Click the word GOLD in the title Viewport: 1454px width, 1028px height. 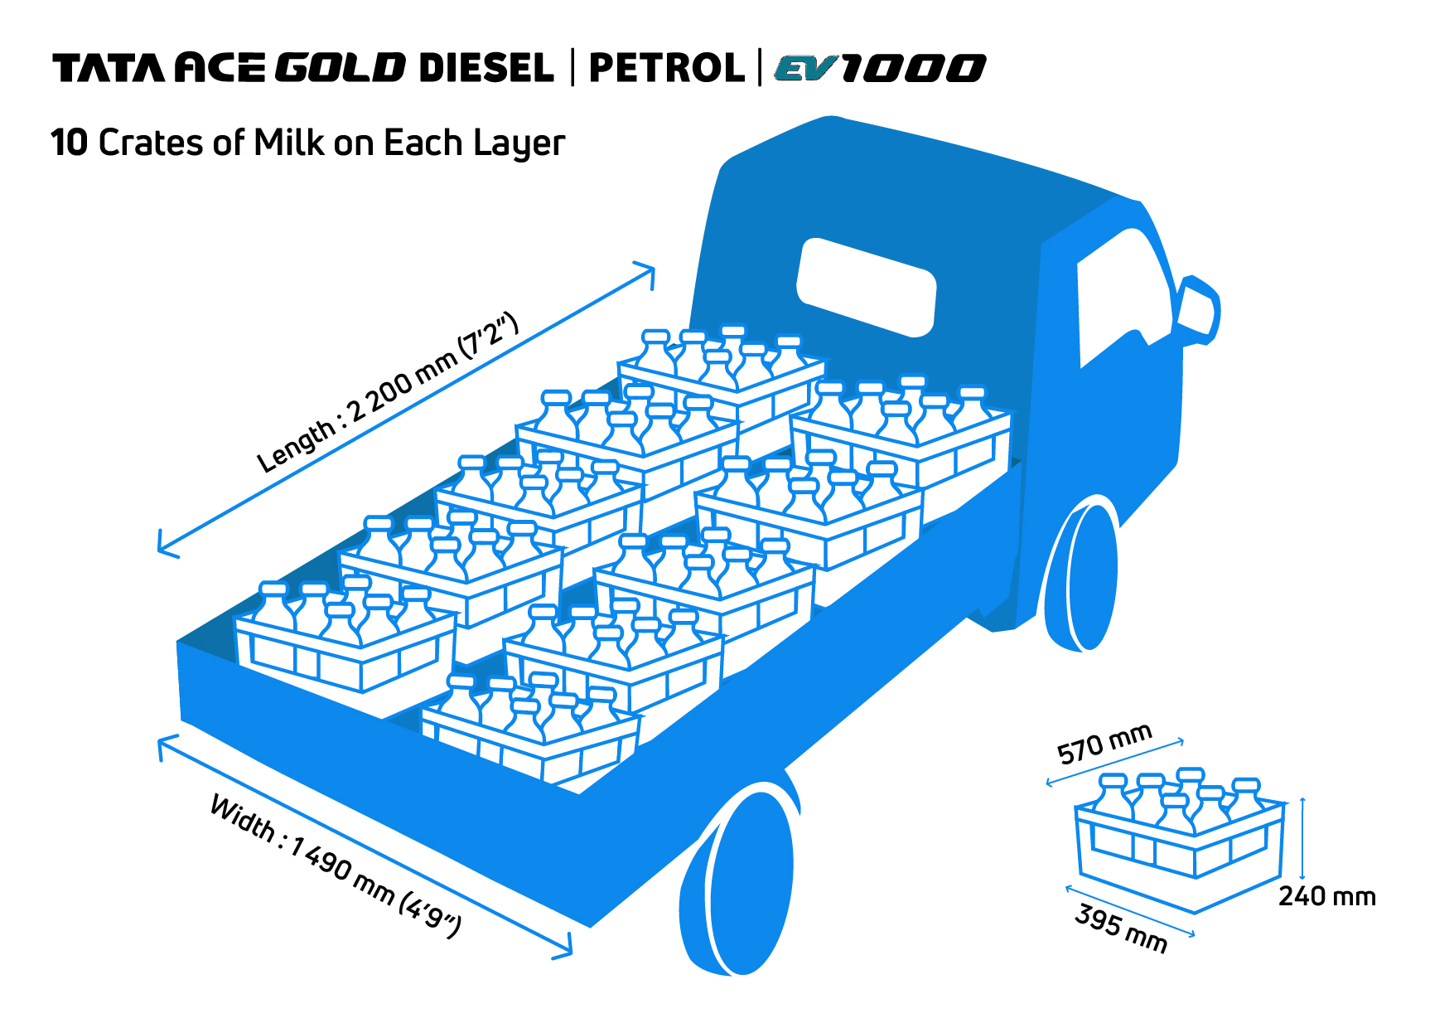[340, 68]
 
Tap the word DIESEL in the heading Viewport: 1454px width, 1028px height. [486, 68]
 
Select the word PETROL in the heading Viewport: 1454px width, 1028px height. [666, 68]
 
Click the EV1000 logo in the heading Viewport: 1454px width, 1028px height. [880, 68]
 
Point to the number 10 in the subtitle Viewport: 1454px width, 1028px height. [70, 143]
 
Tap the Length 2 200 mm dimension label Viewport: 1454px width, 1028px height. [387, 394]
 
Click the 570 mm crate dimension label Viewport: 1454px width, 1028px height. [1104, 744]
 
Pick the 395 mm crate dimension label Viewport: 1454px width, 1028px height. [1121, 929]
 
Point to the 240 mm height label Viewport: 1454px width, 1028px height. [1326, 896]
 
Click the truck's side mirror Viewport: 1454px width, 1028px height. [1198, 311]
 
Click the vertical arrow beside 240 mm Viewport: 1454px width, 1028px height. [1302, 838]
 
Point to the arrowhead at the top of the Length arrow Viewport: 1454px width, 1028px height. [649, 271]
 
